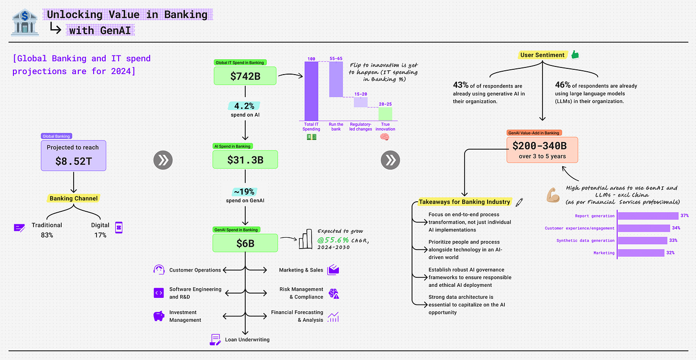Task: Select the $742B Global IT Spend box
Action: (x=245, y=76)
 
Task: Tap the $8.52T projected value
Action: (x=73, y=161)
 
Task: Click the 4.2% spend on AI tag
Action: (x=245, y=106)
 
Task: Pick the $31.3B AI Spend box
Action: (x=245, y=159)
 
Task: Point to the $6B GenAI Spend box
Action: (x=245, y=243)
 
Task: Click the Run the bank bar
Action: (x=336, y=79)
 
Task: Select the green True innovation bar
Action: (x=385, y=114)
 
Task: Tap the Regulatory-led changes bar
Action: (x=360, y=102)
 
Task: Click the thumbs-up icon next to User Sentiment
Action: (x=575, y=55)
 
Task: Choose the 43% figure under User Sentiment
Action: (x=461, y=85)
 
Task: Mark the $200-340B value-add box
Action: (x=543, y=150)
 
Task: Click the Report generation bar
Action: (x=648, y=216)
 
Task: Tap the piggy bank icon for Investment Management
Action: (x=159, y=316)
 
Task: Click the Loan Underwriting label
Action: (x=247, y=339)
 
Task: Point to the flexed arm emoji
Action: (x=553, y=195)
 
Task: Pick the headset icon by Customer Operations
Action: (x=159, y=270)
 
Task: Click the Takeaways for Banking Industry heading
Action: (x=464, y=202)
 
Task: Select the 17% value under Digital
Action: (x=100, y=235)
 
